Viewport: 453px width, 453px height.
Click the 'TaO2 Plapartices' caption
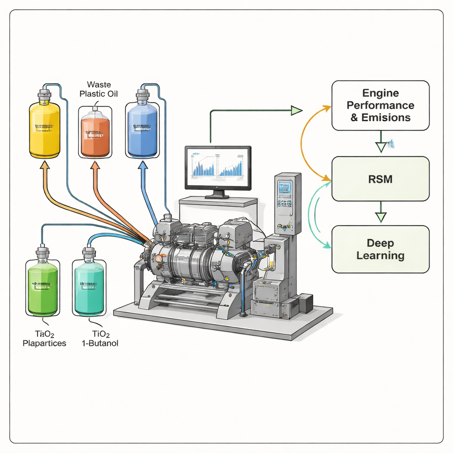click(44, 338)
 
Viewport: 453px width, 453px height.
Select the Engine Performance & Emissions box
click(380, 105)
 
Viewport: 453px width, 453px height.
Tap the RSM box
click(380, 179)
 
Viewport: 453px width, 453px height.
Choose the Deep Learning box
click(380, 249)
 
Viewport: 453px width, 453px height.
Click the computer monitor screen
click(218, 168)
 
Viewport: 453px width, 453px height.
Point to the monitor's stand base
click(217, 196)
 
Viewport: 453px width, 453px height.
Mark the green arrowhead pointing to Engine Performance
click(296, 110)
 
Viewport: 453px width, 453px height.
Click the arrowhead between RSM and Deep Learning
click(380, 217)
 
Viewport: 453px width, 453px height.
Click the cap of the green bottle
click(42, 253)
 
